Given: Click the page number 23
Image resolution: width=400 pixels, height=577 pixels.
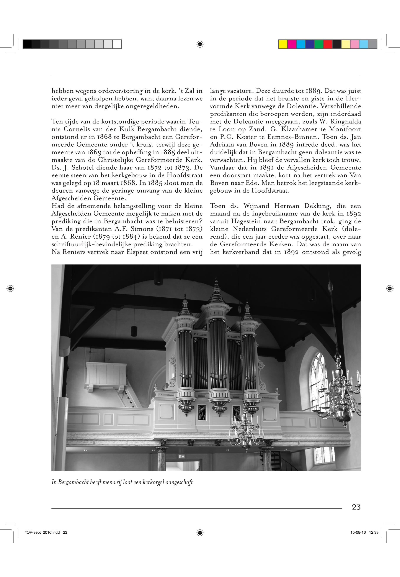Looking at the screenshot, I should pyautogui.click(x=356, y=507).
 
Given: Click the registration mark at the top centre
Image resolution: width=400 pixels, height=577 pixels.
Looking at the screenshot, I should pyautogui.click(x=200, y=44).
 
